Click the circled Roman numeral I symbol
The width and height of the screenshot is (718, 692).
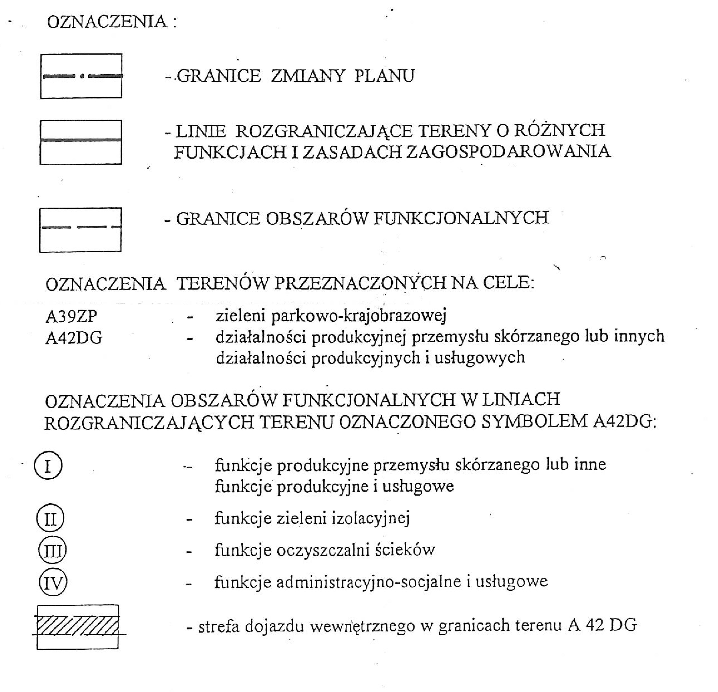tap(48, 465)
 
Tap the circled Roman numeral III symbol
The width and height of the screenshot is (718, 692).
tap(52, 550)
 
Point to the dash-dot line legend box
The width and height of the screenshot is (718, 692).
tap(81, 76)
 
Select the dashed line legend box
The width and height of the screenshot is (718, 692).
tap(80, 230)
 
